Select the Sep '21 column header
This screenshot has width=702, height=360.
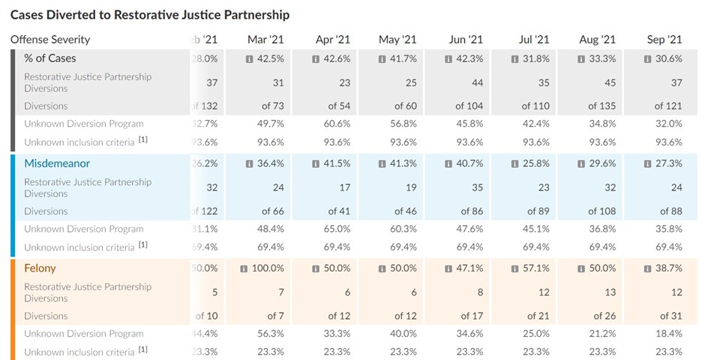(664, 39)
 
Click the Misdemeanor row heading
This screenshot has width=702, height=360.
(57, 163)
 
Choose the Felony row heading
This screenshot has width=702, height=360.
(40, 268)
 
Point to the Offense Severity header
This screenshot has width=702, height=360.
(50, 39)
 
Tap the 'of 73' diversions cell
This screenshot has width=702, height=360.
(274, 106)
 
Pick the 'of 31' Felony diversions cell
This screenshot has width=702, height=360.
(670, 316)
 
